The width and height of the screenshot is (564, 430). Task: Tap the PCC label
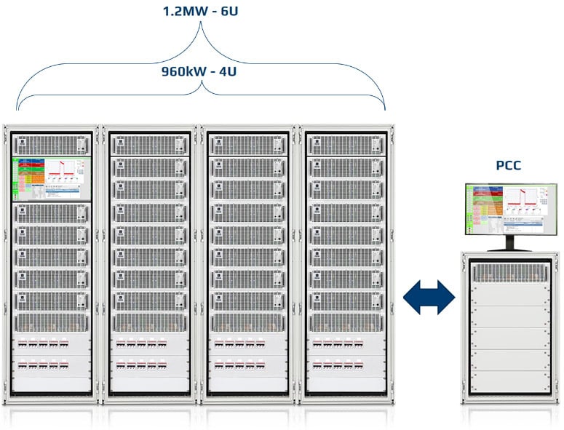coord(509,165)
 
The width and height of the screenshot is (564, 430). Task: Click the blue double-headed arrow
coord(429,299)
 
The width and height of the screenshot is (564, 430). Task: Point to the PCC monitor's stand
coord(509,243)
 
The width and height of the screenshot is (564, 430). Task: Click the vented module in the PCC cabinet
coord(509,274)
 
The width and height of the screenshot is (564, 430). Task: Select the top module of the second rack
coord(151,144)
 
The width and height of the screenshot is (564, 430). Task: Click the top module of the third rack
coord(250,144)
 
